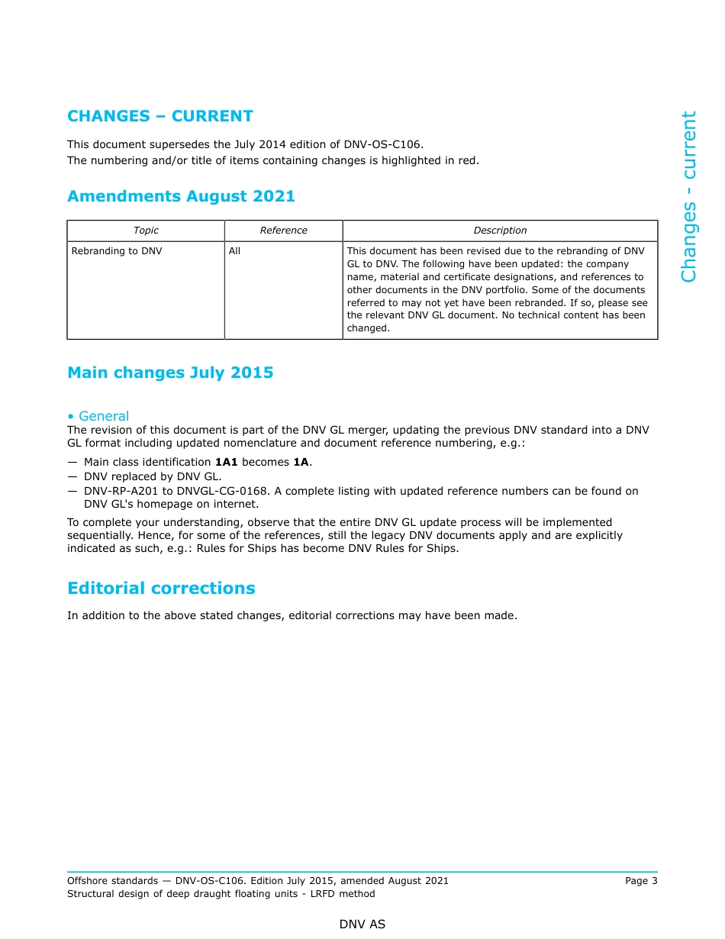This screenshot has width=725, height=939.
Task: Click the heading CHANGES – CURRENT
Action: (x=160, y=116)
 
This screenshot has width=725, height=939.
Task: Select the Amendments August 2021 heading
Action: (x=181, y=196)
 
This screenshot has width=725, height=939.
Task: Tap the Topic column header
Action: (x=146, y=231)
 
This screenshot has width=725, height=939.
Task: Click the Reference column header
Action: (x=283, y=231)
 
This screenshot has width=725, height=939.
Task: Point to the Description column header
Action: (x=500, y=231)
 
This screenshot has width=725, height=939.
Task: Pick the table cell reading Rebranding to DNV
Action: (x=117, y=251)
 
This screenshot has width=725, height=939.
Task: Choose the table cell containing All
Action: (x=234, y=251)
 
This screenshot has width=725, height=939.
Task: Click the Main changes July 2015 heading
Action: (x=170, y=373)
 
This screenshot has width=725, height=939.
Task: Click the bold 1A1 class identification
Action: (x=227, y=463)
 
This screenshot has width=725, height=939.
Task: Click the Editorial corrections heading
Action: (x=161, y=589)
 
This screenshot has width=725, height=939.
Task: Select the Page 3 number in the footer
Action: (x=641, y=881)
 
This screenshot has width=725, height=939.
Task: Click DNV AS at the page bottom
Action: (x=362, y=924)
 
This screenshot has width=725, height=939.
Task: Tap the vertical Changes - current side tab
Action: (x=688, y=197)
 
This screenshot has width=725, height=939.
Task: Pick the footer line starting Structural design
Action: (x=221, y=894)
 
